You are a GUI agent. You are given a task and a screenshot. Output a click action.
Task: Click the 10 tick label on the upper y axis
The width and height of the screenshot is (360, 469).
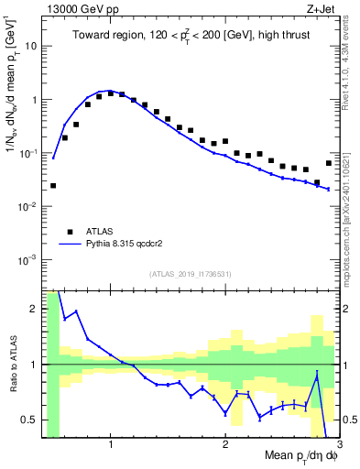(30, 45)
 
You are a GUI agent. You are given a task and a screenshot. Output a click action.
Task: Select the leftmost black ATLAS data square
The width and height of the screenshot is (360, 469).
(53, 185)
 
